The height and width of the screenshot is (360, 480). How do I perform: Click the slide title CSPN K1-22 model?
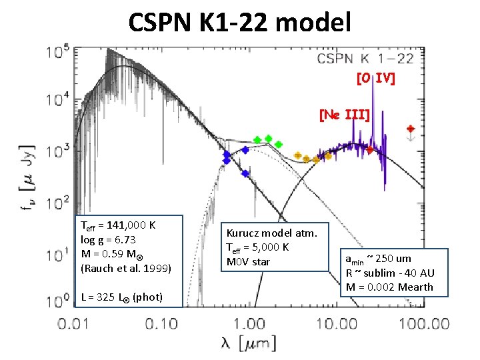[x=239, y=23]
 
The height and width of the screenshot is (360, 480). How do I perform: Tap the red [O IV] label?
[x=376, y=79]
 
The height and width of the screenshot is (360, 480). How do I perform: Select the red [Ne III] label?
[x=344, y=115]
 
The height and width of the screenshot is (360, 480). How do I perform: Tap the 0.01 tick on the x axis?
[x=73, y=324]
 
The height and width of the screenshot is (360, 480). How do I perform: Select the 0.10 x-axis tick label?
[x=157, y=324]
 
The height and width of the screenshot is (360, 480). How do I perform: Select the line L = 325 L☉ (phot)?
[x=121, y=297]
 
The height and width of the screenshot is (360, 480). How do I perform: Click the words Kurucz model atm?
[x=272, y=233]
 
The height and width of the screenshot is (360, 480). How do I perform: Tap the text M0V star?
[x=249, y=261]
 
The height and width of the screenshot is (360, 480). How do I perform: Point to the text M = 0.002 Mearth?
[x=389, y=287]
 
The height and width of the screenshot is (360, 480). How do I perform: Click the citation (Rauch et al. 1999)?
[x=126, y=269]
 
